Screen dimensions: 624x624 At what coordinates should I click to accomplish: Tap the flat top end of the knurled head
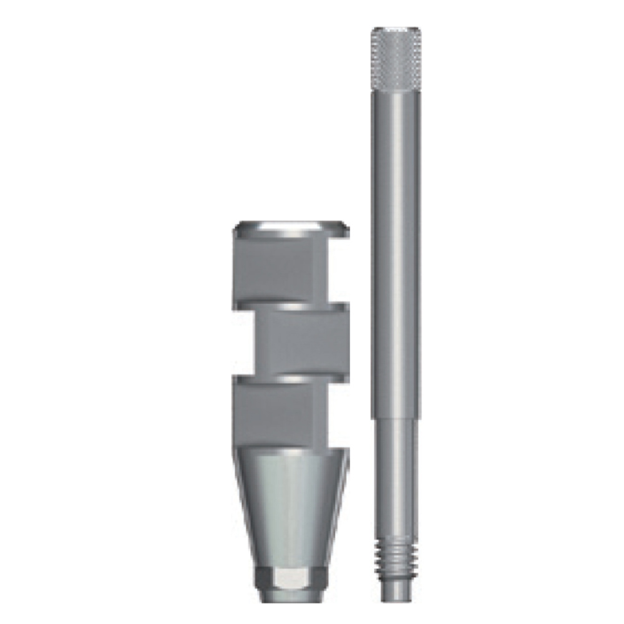(396, 29)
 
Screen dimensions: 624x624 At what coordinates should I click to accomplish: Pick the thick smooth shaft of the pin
(396, 250)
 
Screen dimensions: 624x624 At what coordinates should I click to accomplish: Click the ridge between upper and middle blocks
(290, 307)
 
